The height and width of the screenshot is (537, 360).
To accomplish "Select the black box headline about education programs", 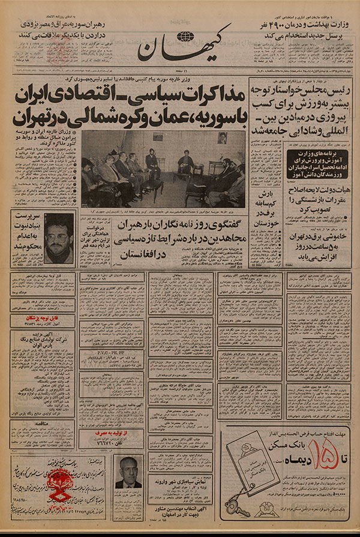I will pos(316,163).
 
